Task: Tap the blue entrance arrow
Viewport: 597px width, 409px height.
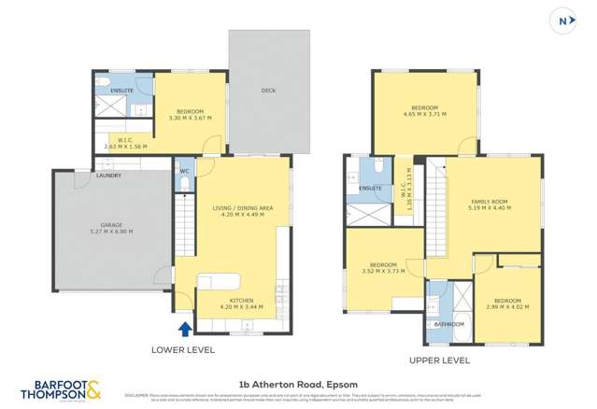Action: point(184,328)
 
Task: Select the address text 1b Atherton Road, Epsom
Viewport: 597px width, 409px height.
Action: point(298,383)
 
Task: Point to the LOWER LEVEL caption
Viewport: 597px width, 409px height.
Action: point(183,349)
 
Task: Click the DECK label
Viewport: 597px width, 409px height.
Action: point(268,92)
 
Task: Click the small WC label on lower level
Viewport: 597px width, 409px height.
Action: point(184,171)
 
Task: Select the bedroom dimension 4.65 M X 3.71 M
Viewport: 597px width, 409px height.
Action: point(424,115)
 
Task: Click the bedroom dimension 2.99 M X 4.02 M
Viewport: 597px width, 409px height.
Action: point(509,306)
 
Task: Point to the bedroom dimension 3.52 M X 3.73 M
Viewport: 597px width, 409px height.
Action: point(382,272)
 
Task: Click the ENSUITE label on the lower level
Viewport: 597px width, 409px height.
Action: point(122,90)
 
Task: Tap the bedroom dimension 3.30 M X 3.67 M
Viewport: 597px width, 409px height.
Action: point(190,118)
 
